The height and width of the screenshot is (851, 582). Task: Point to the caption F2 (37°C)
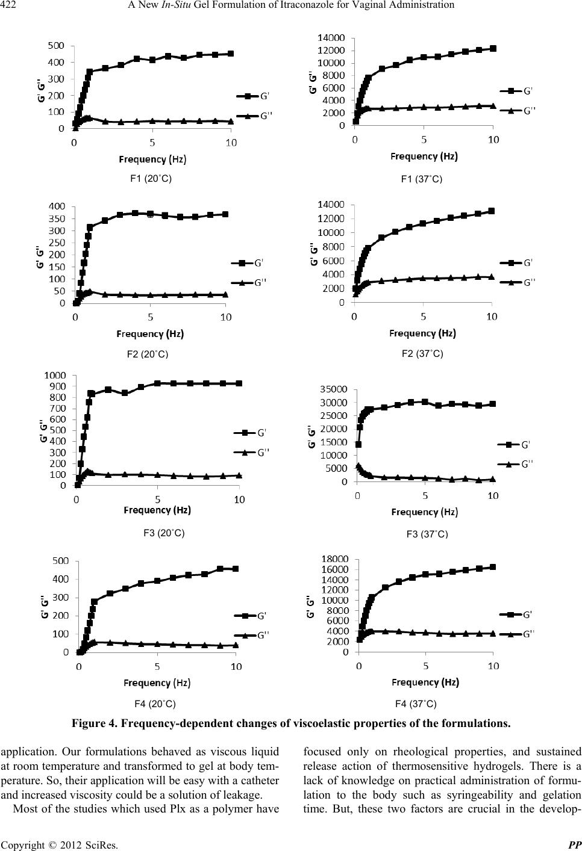(422, 354)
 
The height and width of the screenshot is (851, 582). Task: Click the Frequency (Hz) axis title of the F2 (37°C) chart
(422, 333)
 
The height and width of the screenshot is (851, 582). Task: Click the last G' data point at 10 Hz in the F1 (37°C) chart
(493, 48)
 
